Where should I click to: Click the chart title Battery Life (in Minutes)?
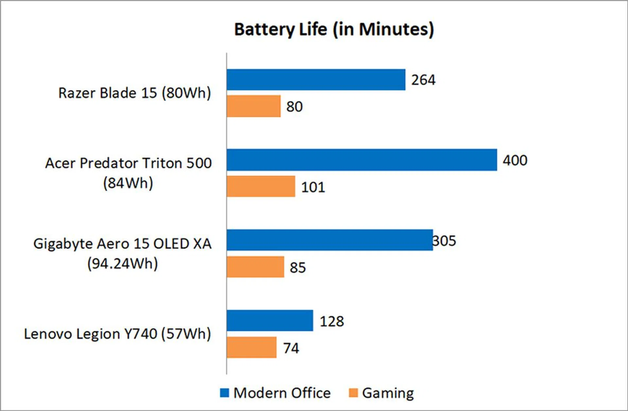[x=334, y=29]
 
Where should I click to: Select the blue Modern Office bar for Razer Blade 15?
[x=316, y=80]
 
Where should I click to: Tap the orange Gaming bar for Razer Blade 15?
[x=253, y=106]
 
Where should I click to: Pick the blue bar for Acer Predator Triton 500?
[x=361, y=160]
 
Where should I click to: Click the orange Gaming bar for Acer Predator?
[x=261, y=187]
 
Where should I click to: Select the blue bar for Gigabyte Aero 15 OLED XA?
[x=329, y=240]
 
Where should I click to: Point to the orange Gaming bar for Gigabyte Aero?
[x=255, y=267]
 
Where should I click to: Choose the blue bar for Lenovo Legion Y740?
[x=270, y=321]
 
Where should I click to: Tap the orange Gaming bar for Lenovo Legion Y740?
[x=251, y=347]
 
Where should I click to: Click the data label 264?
[x=423, y=80]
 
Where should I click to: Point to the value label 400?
[x=515, y=160]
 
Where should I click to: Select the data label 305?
[x=444, y=241]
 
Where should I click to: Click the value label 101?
[x=313, y=187]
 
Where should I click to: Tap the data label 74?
[x=291, y=348]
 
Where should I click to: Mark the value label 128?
[x=332, y=321]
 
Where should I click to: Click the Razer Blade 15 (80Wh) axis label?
[x=134, y=93]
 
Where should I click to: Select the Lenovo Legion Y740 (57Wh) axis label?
[x=117, y=334]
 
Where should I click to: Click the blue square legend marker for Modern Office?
[x=224, y=393]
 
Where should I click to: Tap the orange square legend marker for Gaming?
[x=353, y=393]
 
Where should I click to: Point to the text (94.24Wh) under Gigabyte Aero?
[x=122, y=263]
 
